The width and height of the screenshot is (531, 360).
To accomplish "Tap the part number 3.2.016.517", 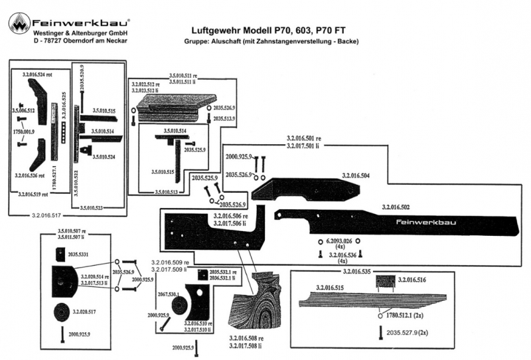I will point(46,216).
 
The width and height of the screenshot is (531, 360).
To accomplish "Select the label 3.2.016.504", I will point(356,175).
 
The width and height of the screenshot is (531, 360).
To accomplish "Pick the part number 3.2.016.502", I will point(400,207).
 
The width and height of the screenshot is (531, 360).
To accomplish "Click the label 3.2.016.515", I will point(329,287).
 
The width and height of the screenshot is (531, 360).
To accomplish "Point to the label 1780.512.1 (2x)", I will point(407,316).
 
